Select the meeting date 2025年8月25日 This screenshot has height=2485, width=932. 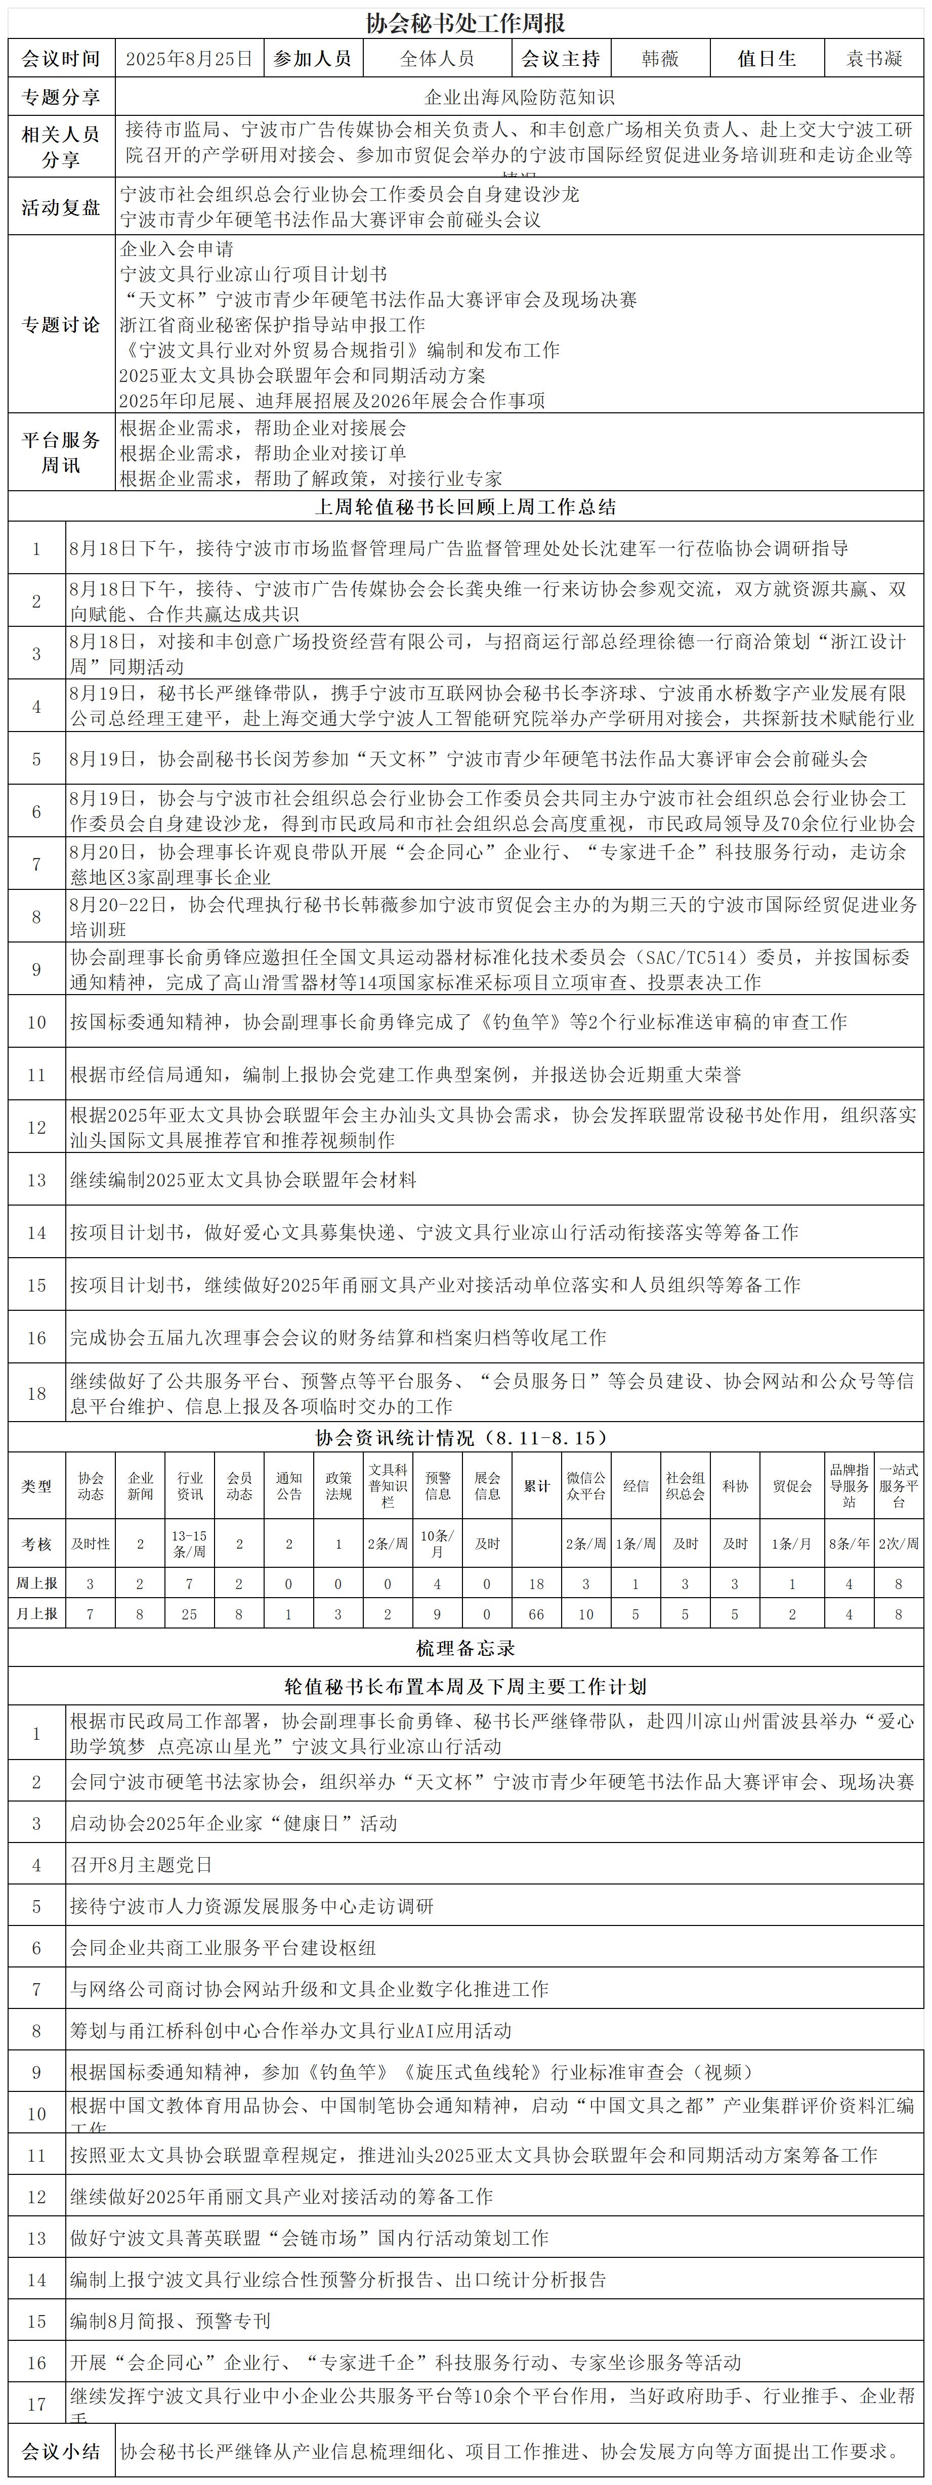pyautogui.click(x=189, y=59)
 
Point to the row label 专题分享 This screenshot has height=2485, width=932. pyautogui.click(x=61, y=98)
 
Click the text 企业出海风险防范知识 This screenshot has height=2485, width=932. pyautogui.click(x=519, y=98)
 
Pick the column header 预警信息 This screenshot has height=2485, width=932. pyautogui.click(x=438, y=1486)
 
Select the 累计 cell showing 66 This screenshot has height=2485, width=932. pyautogui.click(x=536, y=1614)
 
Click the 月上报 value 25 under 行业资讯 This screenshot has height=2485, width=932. pyautogui.click(x=189, y=1614)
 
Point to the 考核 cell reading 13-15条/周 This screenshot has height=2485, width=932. pyautogui.click(x=189, y=1544)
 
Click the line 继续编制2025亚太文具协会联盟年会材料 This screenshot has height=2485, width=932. pyautogui.click(x=243, y=1180)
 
